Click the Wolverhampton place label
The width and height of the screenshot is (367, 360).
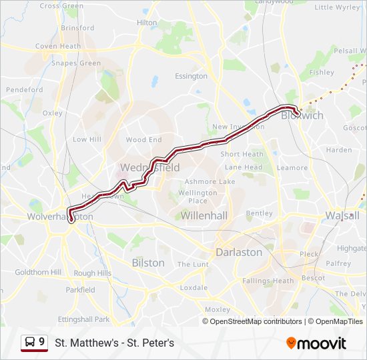[x=59, y=217]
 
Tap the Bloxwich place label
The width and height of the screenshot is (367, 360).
[x=302, y=115]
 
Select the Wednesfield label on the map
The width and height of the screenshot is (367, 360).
[x=150, y=168]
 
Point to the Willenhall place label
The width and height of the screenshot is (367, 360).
[x=205, y=216]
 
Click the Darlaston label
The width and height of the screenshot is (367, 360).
[x=239, y=253]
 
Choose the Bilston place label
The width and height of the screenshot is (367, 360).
[x=148, y=263]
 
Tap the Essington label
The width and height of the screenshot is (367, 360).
[x=192, y=77]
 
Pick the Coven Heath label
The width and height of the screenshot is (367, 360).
[x=58, y=47]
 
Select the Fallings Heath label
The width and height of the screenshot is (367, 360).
[x=268, y=281]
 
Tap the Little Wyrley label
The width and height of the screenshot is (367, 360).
[x=337, y=7]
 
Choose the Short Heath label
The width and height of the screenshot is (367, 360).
[x=242, y=155]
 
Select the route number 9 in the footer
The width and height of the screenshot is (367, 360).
[x=42, y=342]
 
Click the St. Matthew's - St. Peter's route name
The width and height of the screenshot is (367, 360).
[x=114, y=343]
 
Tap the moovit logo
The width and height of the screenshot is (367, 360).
[x=316, y=343]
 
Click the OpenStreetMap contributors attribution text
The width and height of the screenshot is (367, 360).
[x=256, y=321]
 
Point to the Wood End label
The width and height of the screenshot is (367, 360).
[x=143, y=140]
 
